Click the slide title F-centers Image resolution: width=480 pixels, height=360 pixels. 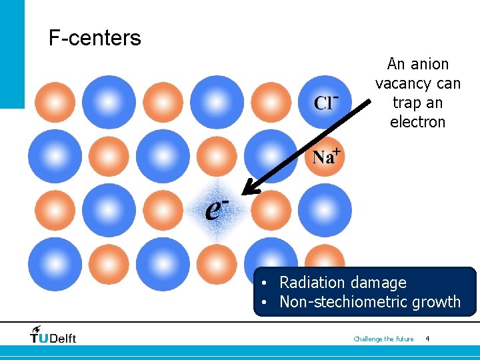coord(95,38)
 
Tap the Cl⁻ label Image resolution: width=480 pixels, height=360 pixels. coord(326,102)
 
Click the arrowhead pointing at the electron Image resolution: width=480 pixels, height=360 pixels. coord(248,190)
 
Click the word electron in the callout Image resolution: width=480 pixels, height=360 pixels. coord(418,122)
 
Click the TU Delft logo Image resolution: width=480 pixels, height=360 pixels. coord(53,334)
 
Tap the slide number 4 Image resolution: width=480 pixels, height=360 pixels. coord(427,339)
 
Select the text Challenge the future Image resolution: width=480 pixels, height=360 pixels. coord(383,339)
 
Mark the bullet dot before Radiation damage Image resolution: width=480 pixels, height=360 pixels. coord(265,283)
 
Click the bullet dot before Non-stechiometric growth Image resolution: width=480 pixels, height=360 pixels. coord(265,303)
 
